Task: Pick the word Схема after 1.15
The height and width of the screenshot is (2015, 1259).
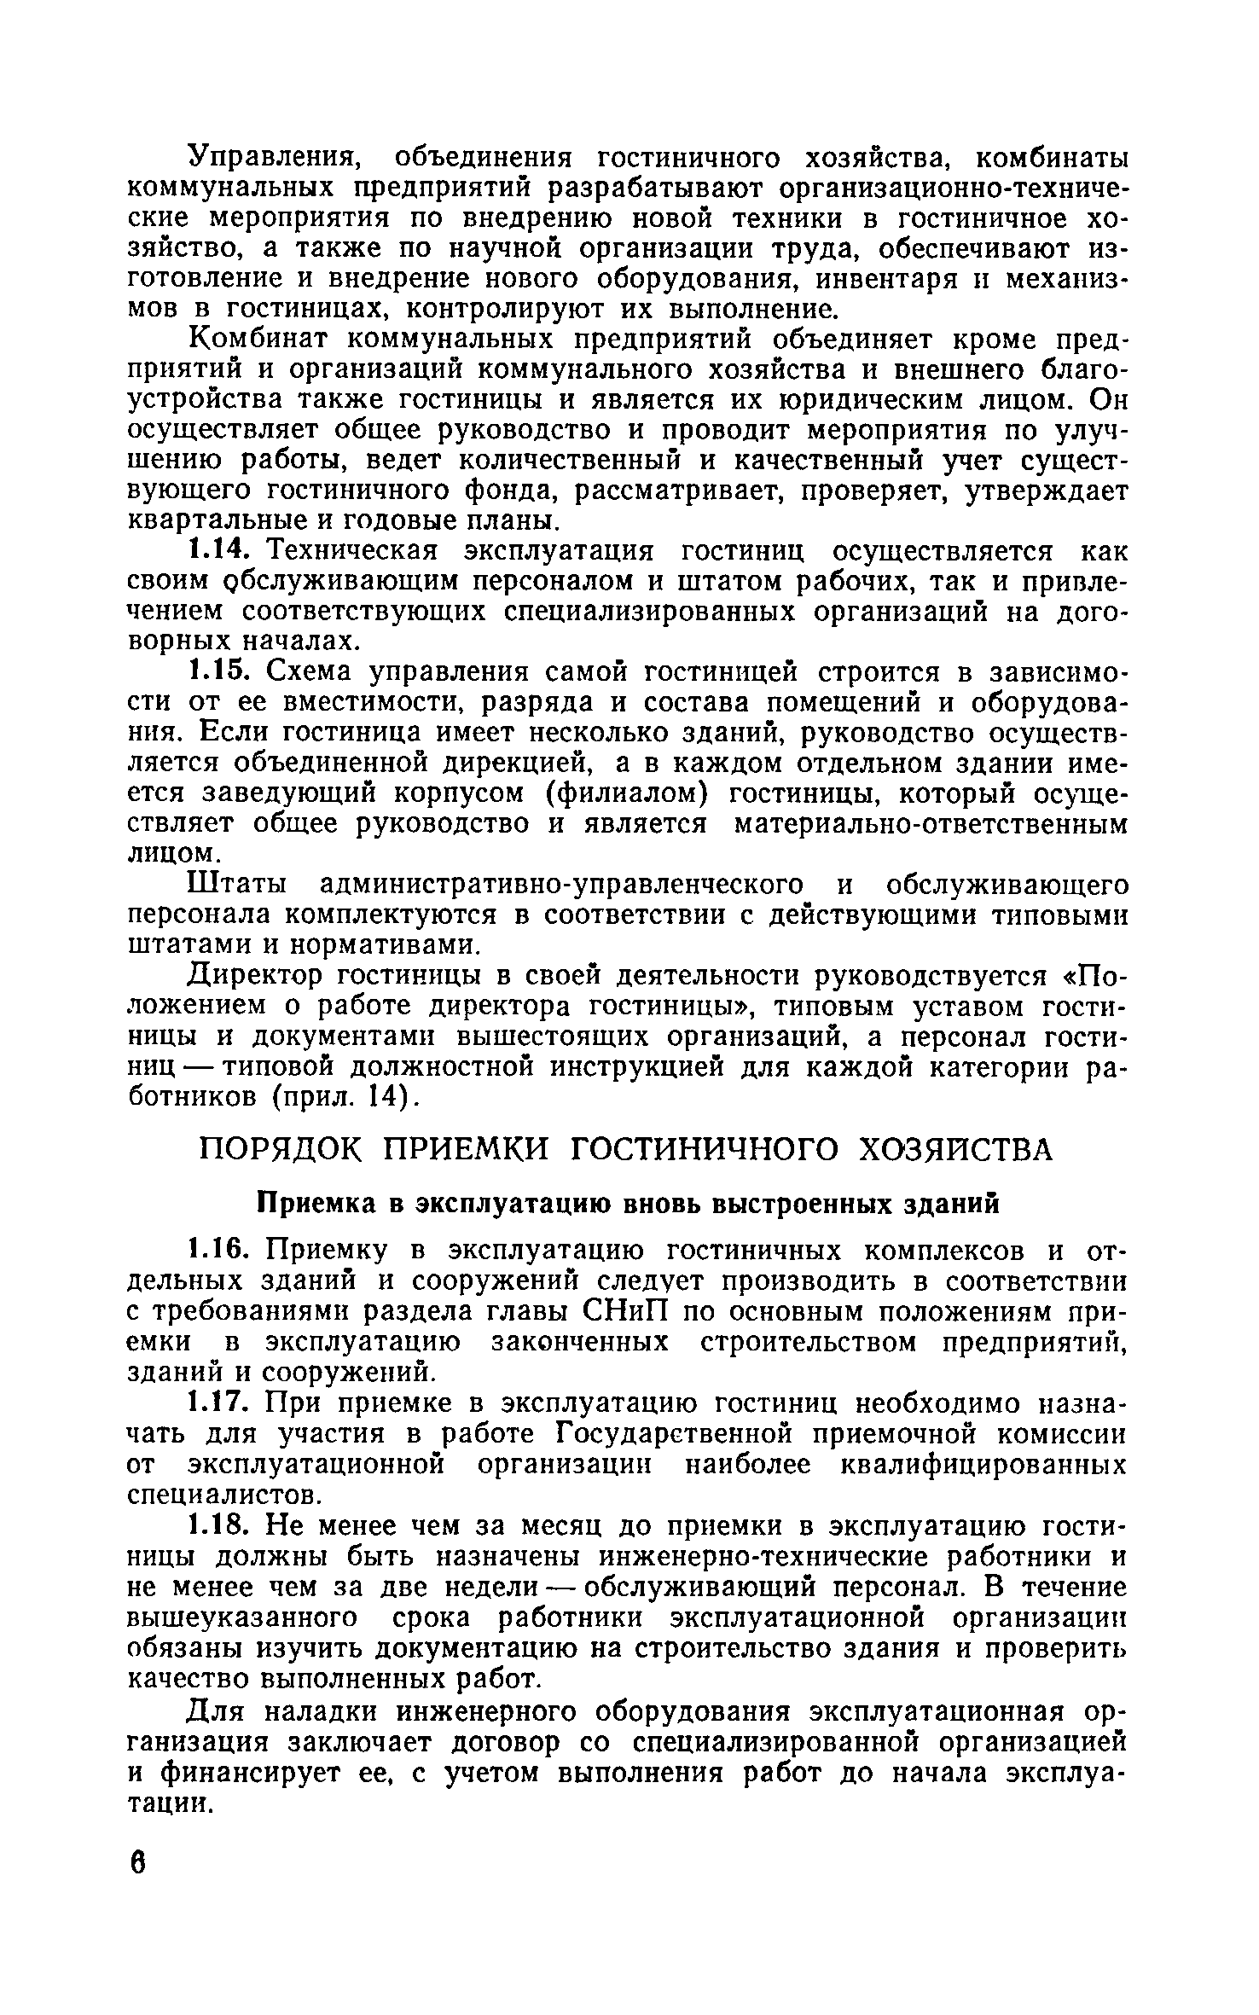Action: point(310,672)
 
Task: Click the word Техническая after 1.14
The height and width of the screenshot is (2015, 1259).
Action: point(357,551)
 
